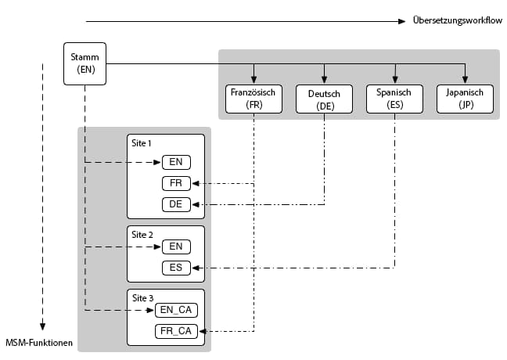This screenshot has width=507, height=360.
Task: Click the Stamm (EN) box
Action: click(84, 63)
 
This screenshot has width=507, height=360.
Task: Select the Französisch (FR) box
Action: click(253, 98)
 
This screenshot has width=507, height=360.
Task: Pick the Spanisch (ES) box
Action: click(394, 98)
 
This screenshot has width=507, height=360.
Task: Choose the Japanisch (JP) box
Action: click(465, 98)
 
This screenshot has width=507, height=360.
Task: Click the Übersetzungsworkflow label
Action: click(457, 20)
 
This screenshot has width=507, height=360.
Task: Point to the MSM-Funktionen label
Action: click(39, 342)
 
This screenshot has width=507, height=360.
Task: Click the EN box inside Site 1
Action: click(176, 163)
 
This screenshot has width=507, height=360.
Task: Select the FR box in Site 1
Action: click(176, 184)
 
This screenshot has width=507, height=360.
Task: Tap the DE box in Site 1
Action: click(176, 204)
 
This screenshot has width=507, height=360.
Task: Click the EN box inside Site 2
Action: click(176, 247)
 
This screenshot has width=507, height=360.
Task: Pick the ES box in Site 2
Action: click(176, 268)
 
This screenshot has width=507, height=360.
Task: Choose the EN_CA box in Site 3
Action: click(176, 310)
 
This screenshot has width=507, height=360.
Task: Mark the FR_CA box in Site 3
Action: click(176, 331)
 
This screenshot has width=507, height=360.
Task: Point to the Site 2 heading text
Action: click(142, 235)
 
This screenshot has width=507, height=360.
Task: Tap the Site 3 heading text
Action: click(142, 298)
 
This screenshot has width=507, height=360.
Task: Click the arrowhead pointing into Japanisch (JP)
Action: click(465, 78)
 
